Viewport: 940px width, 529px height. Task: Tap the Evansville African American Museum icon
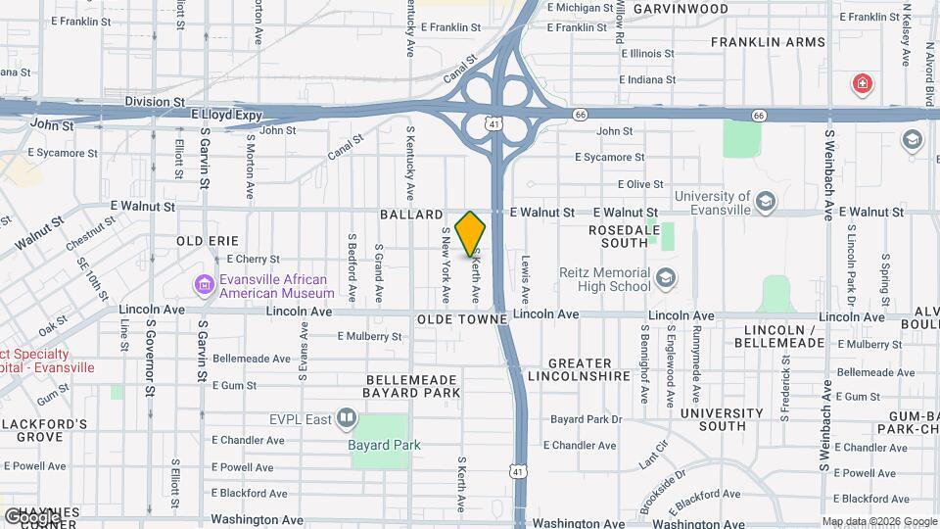(x=205, y=285)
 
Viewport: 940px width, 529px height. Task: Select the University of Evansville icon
(x=766, y=203)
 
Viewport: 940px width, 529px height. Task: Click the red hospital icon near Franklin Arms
(x=863, y=84)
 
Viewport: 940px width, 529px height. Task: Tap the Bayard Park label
(x=384, y=445)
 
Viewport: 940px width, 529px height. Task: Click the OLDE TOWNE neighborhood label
(x=462, y=320)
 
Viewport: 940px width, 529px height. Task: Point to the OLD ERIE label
(x=208, y=241)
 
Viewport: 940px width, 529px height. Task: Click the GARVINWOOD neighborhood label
(x=681, y=9)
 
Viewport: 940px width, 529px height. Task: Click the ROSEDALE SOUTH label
(x=619, y=236)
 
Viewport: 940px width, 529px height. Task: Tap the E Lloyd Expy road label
(x=227, y=115)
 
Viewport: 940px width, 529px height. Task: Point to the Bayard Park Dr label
(x=587, y=419)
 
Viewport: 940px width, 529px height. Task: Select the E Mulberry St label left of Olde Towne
(x=369, y=336)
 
